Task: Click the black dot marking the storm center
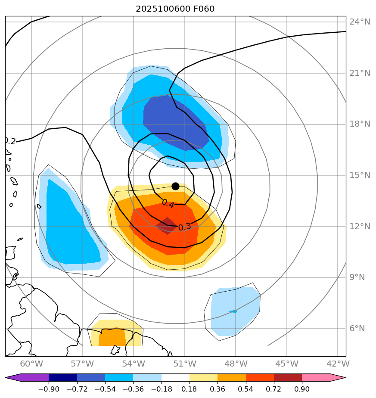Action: click(x=175, y=186)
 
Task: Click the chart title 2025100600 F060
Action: click(x=175, y=9)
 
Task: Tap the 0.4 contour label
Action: click(x=168, y=203)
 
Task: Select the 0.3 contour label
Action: click(x=184, y=227)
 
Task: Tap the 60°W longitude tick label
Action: click(x=31, y=364)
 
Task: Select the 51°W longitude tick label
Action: click(x=184, y=364)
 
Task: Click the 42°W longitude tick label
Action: click(x=338, y=364)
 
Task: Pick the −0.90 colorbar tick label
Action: click(x=49, y=389)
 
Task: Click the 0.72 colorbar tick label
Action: click(x=274, y=389)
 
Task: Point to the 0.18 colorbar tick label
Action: click(x=190, y=389)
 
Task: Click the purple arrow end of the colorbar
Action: click(x=13, y=378)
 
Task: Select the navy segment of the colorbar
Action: click(x=63, y=378)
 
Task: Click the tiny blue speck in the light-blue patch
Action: click(x=233, y=311)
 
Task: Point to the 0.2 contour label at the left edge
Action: click(x=9, y=141)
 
